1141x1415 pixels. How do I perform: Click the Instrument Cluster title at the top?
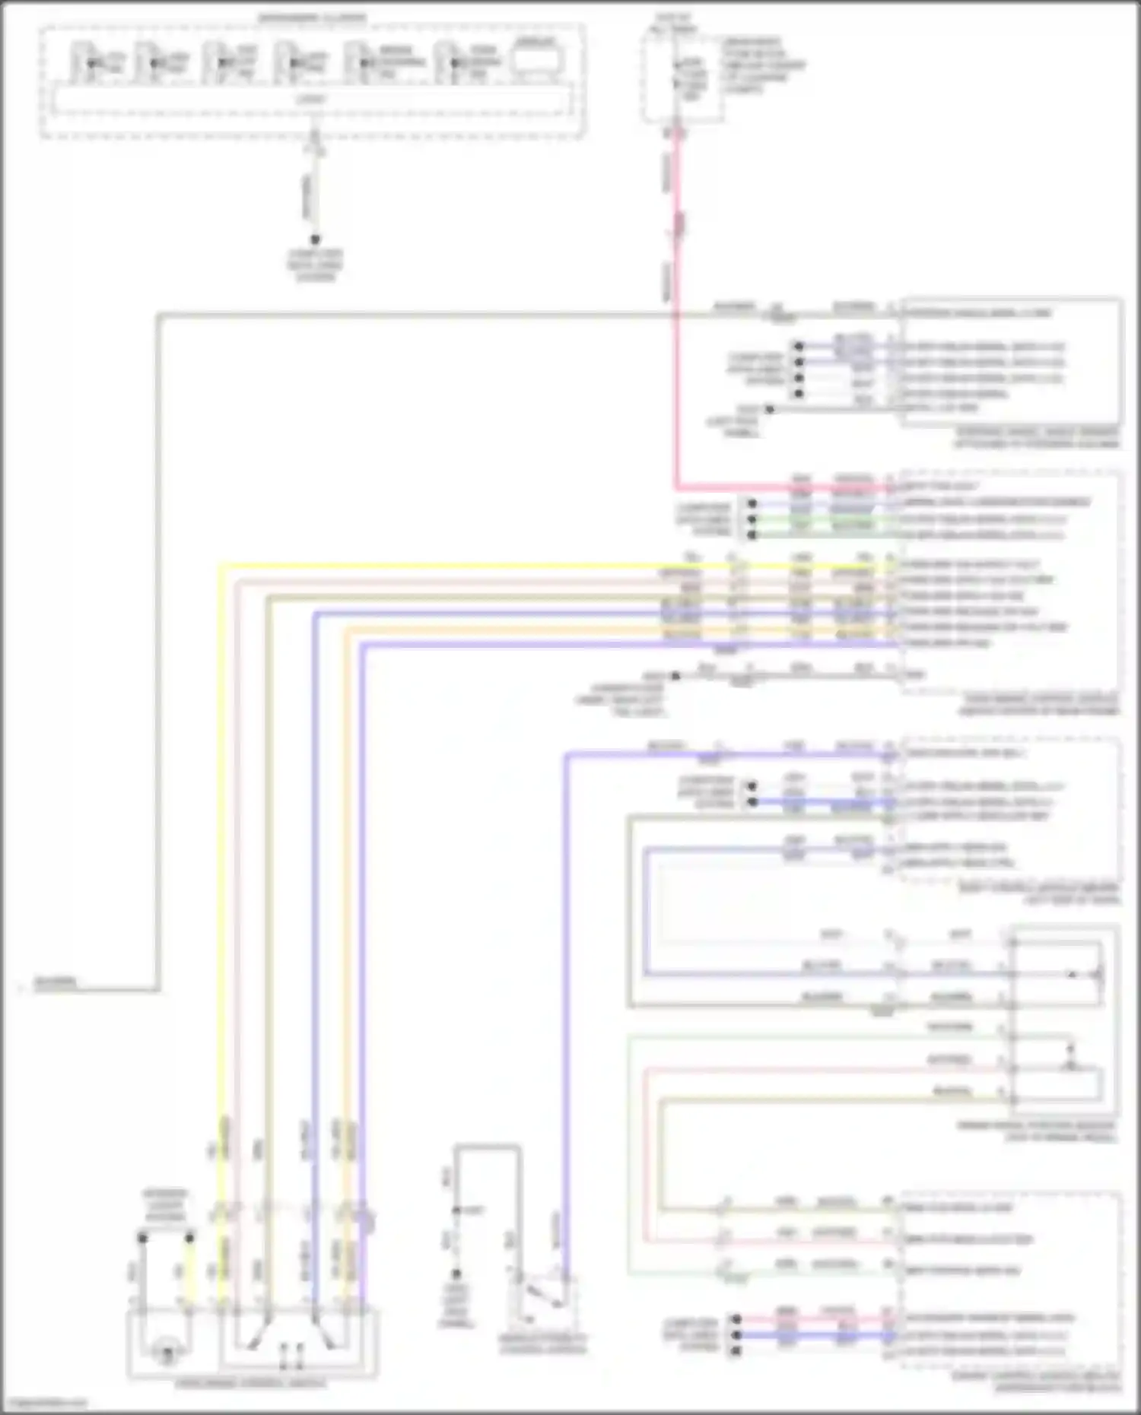click(312, 17)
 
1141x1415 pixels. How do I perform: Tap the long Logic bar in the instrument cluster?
click(312, 100)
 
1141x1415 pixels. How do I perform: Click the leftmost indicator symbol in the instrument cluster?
click(91, 62)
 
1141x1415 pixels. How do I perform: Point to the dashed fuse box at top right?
click(681, 76)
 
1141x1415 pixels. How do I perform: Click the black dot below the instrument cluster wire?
click(315, 240)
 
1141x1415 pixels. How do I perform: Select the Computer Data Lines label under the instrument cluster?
click(315, 265)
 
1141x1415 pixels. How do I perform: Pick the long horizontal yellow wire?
click(532, 566)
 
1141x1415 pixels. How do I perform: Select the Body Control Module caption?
click(1039, 893)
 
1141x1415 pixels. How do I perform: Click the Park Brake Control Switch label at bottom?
click(251, 1383)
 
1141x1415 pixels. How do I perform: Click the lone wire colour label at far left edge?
click(56, 982)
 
